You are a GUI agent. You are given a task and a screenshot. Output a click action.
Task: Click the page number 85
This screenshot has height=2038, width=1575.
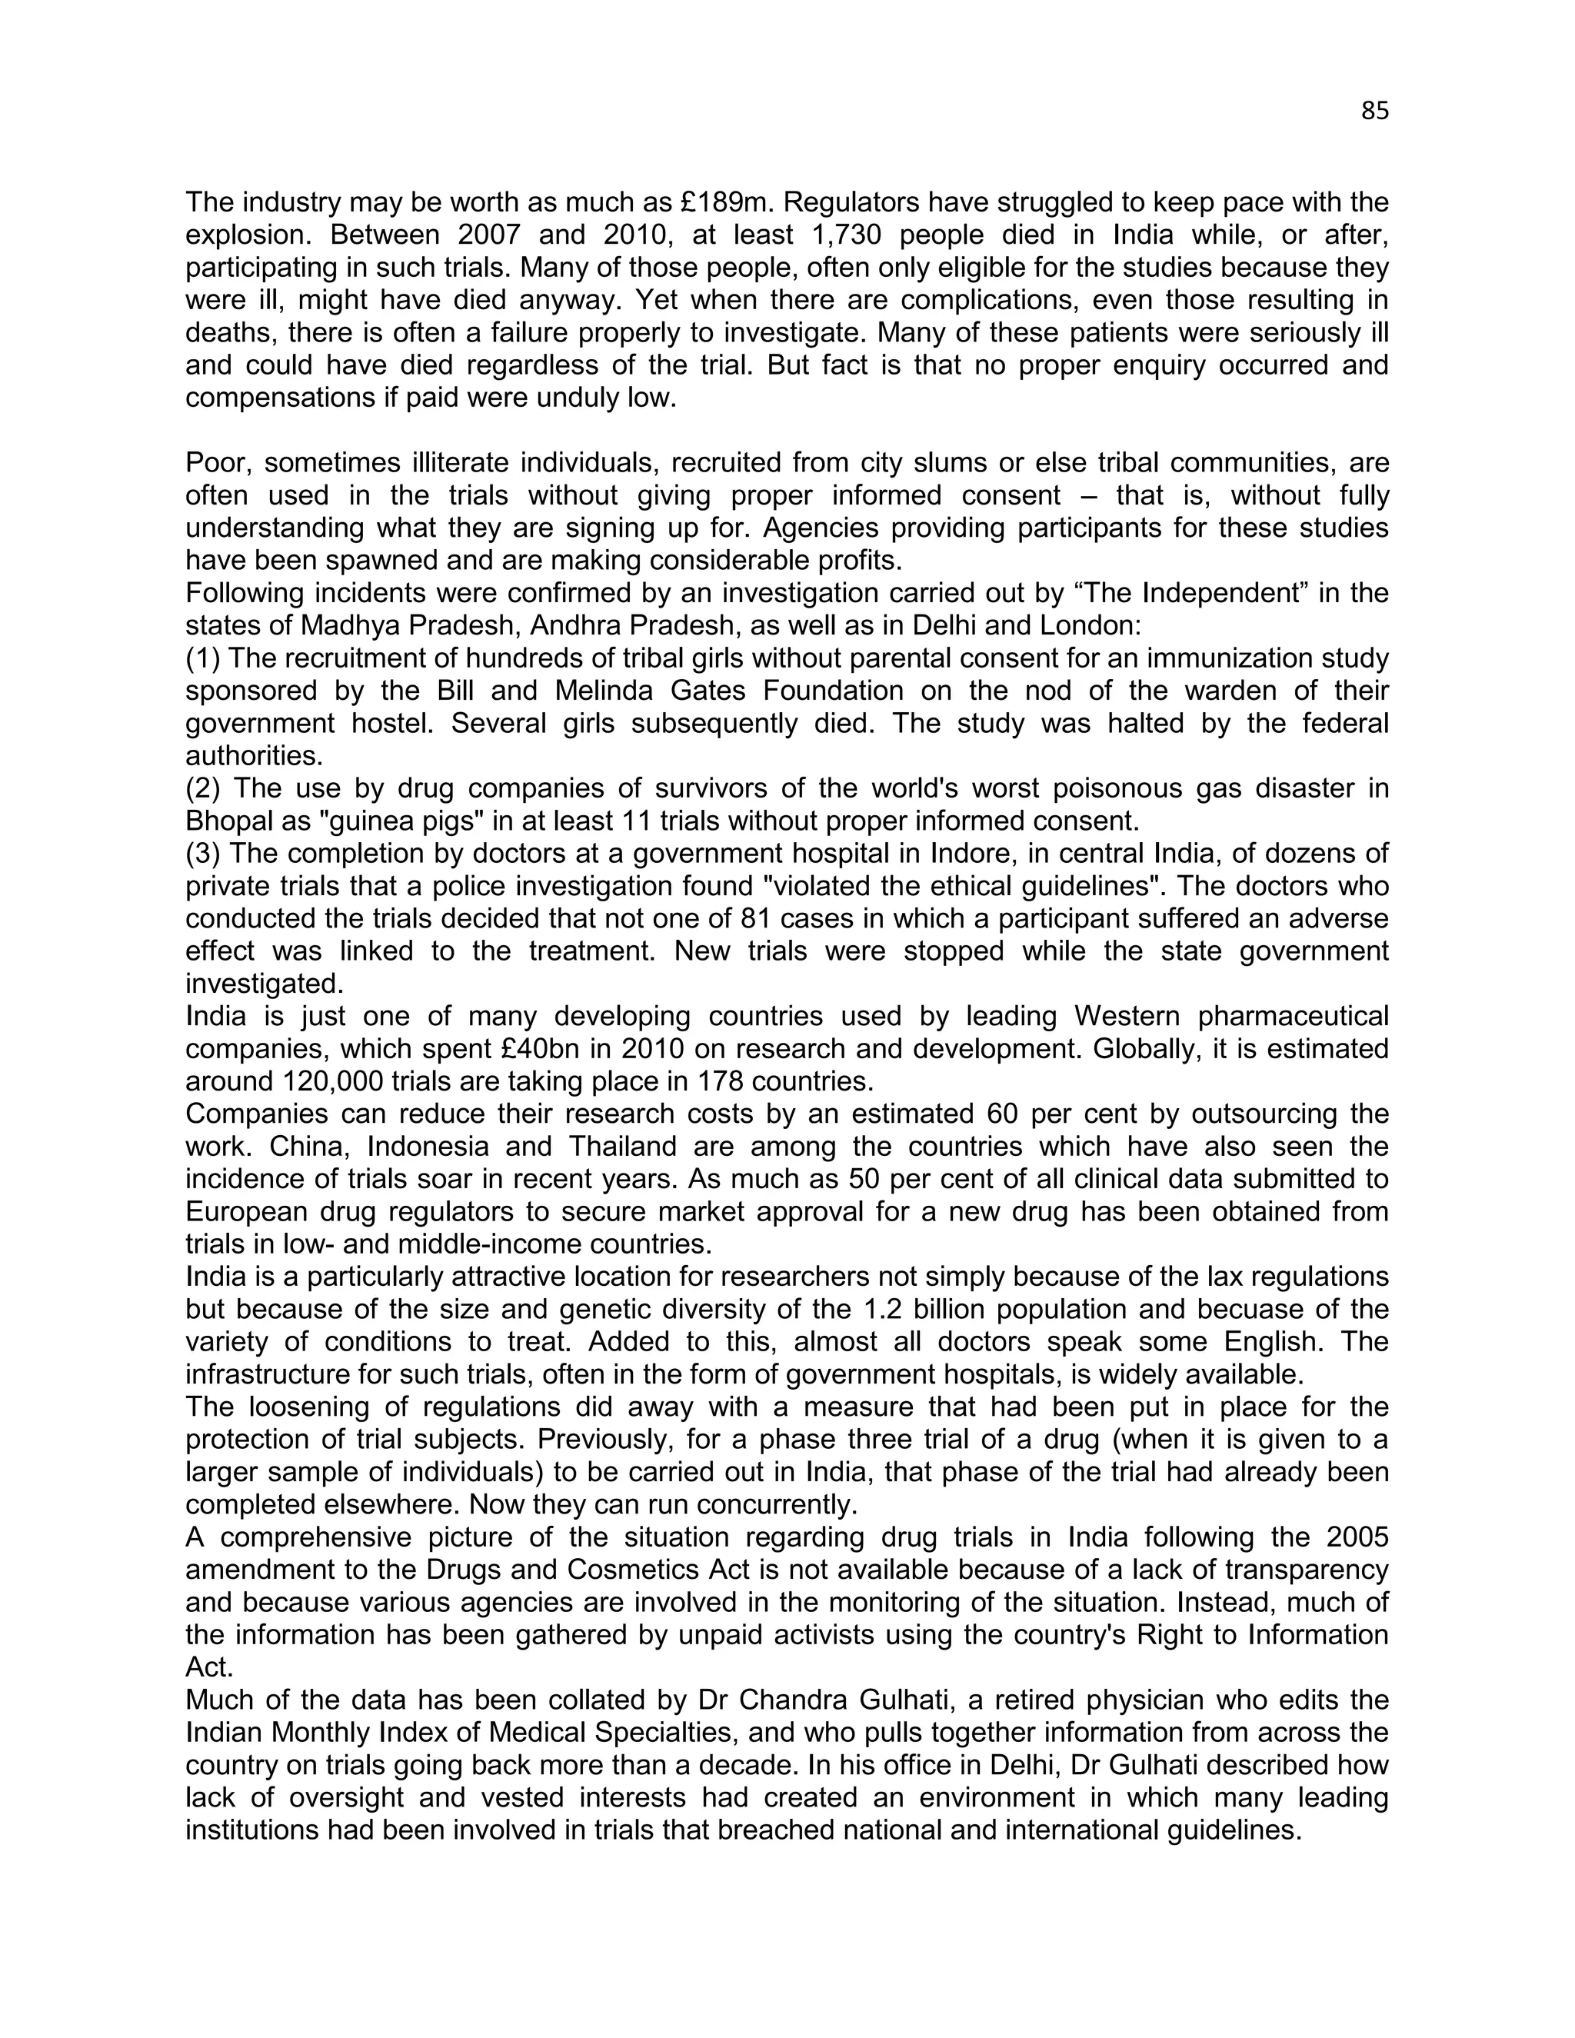(1374, 111)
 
